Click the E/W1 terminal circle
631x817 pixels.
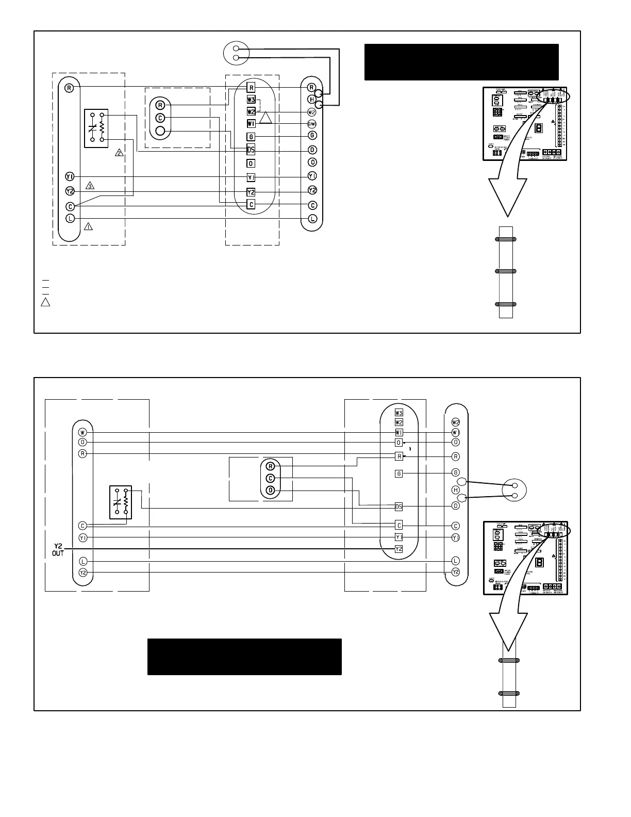pos(312,124)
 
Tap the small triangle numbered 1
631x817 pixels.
pos(89,226)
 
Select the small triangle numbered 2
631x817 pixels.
pos(119,153)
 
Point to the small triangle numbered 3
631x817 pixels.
pos(90,186)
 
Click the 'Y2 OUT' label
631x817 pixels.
pos(58,550)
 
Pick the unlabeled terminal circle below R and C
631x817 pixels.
pos(160,131)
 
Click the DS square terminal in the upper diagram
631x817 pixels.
pos(251,150)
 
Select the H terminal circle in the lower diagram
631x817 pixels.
pos(456,489)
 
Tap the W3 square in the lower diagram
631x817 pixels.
pos(398,413)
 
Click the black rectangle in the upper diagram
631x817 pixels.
pos(461,62)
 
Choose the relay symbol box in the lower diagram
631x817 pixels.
pos(121,502)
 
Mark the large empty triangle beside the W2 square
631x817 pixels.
pos(265,118)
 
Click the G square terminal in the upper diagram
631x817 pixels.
pos(251,137)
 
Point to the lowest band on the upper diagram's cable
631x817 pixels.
pos(506,304)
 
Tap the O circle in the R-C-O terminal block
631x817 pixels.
pos(271,490)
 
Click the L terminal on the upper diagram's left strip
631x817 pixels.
pos(70,218)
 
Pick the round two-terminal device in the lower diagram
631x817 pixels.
pos(515,490)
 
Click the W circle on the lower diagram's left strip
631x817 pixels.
pos(82,432)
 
